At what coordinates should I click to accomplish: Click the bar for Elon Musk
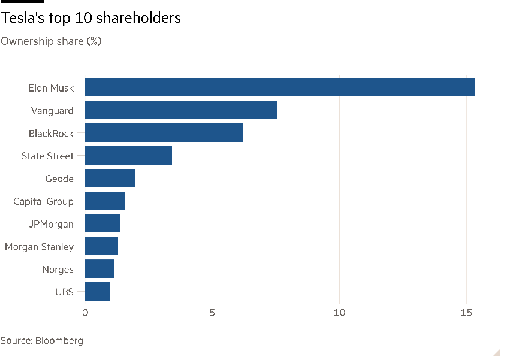tap(279, 87)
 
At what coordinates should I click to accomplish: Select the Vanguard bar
tap(181, 110)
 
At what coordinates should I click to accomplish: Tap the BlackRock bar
tap(164, 133)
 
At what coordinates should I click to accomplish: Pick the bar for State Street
tap(128, 156)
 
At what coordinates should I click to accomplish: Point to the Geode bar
tap(110, 179)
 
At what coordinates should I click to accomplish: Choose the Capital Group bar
tap(105, 201)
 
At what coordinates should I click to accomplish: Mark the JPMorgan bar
tap(102, 223)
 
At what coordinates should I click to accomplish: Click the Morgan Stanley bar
tap(101, 246)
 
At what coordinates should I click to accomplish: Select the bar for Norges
tap(99, 269)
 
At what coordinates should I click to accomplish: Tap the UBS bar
tap(98, 292)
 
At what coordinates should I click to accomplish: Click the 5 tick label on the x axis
tap(213, 313)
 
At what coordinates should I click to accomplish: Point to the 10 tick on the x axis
tap(340, 313)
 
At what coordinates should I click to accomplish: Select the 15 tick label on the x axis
tap(467, 313)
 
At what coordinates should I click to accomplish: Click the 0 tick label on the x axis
tap(85, 313)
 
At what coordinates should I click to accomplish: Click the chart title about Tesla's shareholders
tap(90, 18)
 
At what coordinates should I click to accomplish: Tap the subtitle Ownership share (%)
tap(51, 41)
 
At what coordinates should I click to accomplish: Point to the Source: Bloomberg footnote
tap(42, 341)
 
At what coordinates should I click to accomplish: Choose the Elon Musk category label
tap(51, 88)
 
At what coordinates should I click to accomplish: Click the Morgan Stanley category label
tap(39, 247)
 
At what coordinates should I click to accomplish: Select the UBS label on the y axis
tap(64, 292)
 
